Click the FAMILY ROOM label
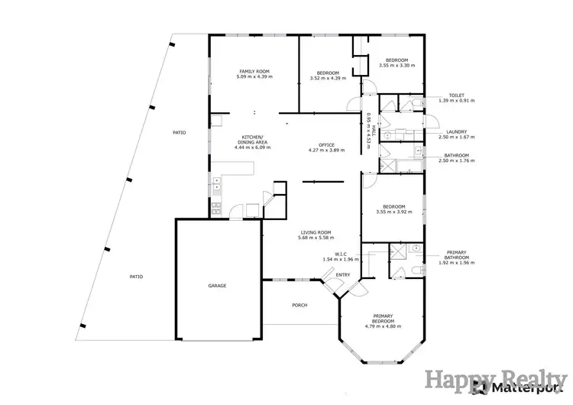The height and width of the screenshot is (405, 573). [x=254, y=72]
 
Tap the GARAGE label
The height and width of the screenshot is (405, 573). [x=217, y=286]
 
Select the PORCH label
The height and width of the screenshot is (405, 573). [x=299, y=305]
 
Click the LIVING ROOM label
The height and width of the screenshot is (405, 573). [x=313, y=233]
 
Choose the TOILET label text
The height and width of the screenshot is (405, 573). [x=457, y=95]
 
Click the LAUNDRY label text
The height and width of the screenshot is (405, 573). [x=457, y=131]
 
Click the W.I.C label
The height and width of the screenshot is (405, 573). [x=342, y=254]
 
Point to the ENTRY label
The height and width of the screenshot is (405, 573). [x=343, y=275]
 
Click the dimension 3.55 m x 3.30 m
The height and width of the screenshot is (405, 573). [x=397, y=66]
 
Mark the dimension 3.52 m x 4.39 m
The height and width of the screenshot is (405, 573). [x=328, y=78]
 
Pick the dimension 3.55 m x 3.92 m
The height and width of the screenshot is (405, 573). [x=394, y=212]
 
